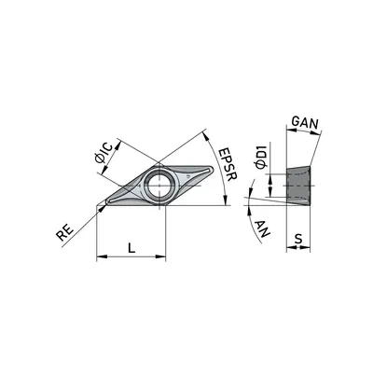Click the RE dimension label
[65, 232]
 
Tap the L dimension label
[131, 248]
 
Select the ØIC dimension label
[106, 153]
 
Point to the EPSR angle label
[228, 164]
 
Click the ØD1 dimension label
[260, 157]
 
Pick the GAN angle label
[306, 123]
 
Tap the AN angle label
[263, 228]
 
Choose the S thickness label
[298, 239]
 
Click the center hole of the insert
[159, 185]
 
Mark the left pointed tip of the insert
[106, 202]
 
